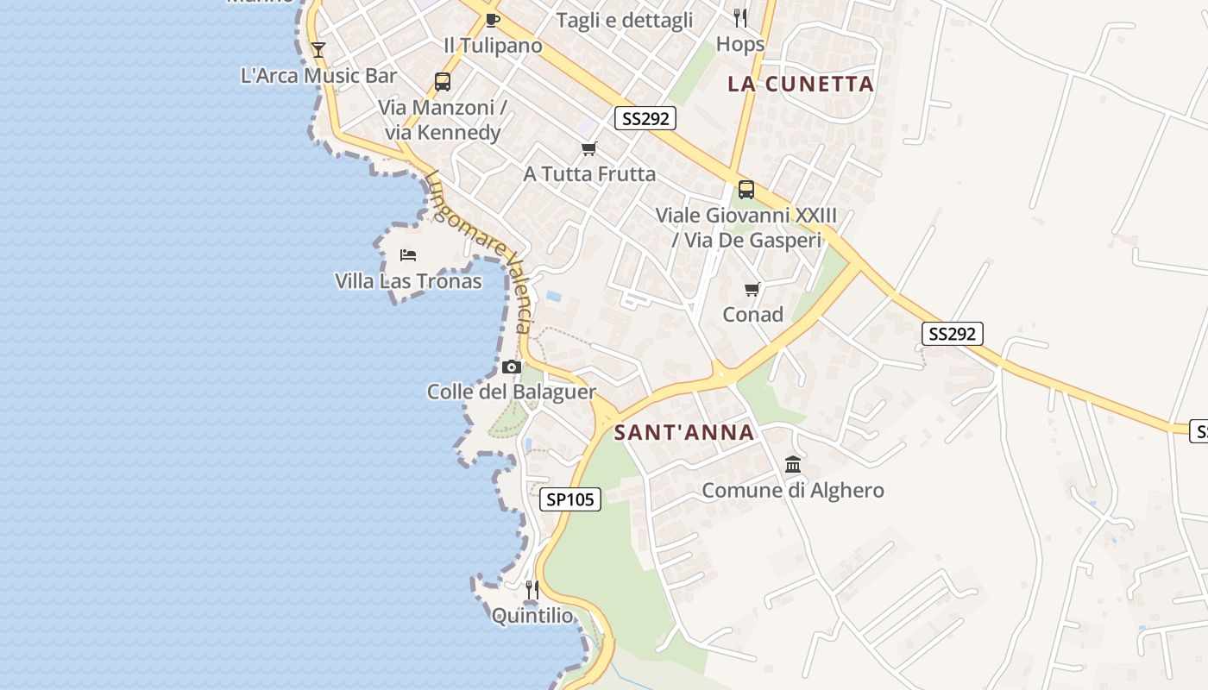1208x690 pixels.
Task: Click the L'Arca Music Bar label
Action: pyautogui.click(x=318, y=76)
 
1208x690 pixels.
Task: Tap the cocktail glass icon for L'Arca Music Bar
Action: pyautogui.click(x=318, y=50)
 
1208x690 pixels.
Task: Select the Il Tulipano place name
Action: pyautogui.click(x=493, y=46)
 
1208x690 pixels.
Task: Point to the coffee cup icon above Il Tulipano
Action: pyautogui.click(x=493, y=20)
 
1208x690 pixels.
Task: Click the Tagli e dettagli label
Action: pyautogui.click(x=624, y=21)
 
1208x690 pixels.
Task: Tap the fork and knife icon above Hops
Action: pyautogui.click(x=740, y=17)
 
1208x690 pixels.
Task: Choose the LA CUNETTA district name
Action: pyautogui.click(x=801, y=84)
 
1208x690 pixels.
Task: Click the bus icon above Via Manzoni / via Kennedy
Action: pyautogui.click(x=443, y=82)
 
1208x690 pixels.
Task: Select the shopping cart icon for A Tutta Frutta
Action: pyautogui.click(x=589, y=149)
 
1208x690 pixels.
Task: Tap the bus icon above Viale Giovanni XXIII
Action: pyautogui.click(x=746, y=190)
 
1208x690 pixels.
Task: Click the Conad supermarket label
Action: pyautogui.click(x=752, y=315)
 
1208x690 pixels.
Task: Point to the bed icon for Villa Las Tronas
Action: pyautogui.click(x=408, y=255)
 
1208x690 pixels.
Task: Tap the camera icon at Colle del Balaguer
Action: pyautogui.click(x=512, y=367)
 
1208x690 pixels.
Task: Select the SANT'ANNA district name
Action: pyautogui.click(x=684, y=433)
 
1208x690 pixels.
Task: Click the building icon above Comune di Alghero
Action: pyautogui.click(x=793, y=466)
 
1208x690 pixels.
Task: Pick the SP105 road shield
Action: pyautogui.click(x=570, y=499)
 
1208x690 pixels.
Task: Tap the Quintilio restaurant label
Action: pyautogui.click(x=532, y=616)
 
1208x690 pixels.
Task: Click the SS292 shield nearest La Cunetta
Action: pyautogui.click(x=645, y=118)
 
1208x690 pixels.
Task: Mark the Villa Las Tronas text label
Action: pyautogui.click(x=408, y=281)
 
